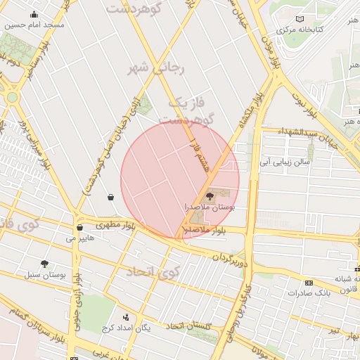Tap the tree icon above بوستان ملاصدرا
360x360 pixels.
pyautogui.click(x=210, y=196)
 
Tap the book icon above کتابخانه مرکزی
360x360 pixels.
pyautogui.click(x=300, y=19)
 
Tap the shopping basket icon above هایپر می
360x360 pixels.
pyautogui.click(x=79, y=227)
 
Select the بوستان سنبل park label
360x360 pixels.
pyautogui.click(x=44, y=275)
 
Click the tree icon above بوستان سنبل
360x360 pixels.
pyautogui.click(x=44, y=264)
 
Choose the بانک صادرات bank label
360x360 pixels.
pyautogui.click(x=309, y=292)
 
